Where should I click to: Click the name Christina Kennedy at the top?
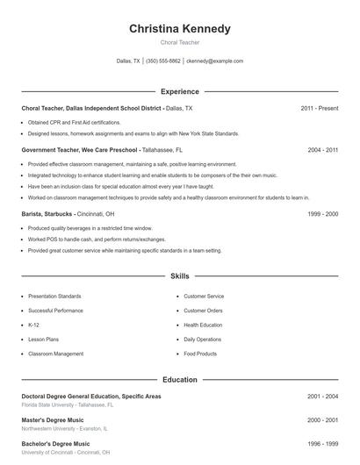(180, 29)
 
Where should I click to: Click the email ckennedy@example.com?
(214, 61)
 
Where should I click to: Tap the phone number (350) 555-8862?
(163, 61)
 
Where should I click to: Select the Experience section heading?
(180, 91)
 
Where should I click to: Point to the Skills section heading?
(180, 275)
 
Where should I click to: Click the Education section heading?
(180, 380)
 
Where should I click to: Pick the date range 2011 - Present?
(320, 108)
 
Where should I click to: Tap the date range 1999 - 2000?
(323, 213)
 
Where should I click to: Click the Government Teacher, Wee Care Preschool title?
(81, 150)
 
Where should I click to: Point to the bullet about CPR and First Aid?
(74, 123)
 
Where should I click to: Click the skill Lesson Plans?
(45, 339)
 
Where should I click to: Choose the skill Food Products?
(200, 354)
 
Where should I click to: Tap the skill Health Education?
(203, 325)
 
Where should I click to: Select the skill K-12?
(34, 325)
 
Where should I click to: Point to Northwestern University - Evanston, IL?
(64, 429)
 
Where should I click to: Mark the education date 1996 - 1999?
(323, 444)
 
